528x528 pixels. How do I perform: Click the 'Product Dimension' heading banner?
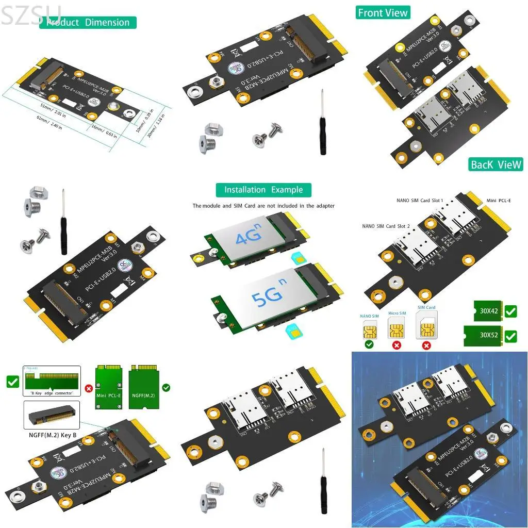88,22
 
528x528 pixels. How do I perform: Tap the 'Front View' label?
383,13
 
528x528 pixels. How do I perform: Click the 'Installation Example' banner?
263,190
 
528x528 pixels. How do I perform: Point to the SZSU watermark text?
31,14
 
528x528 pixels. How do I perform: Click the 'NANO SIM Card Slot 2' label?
386,226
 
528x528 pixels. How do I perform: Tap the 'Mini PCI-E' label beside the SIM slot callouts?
498,200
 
